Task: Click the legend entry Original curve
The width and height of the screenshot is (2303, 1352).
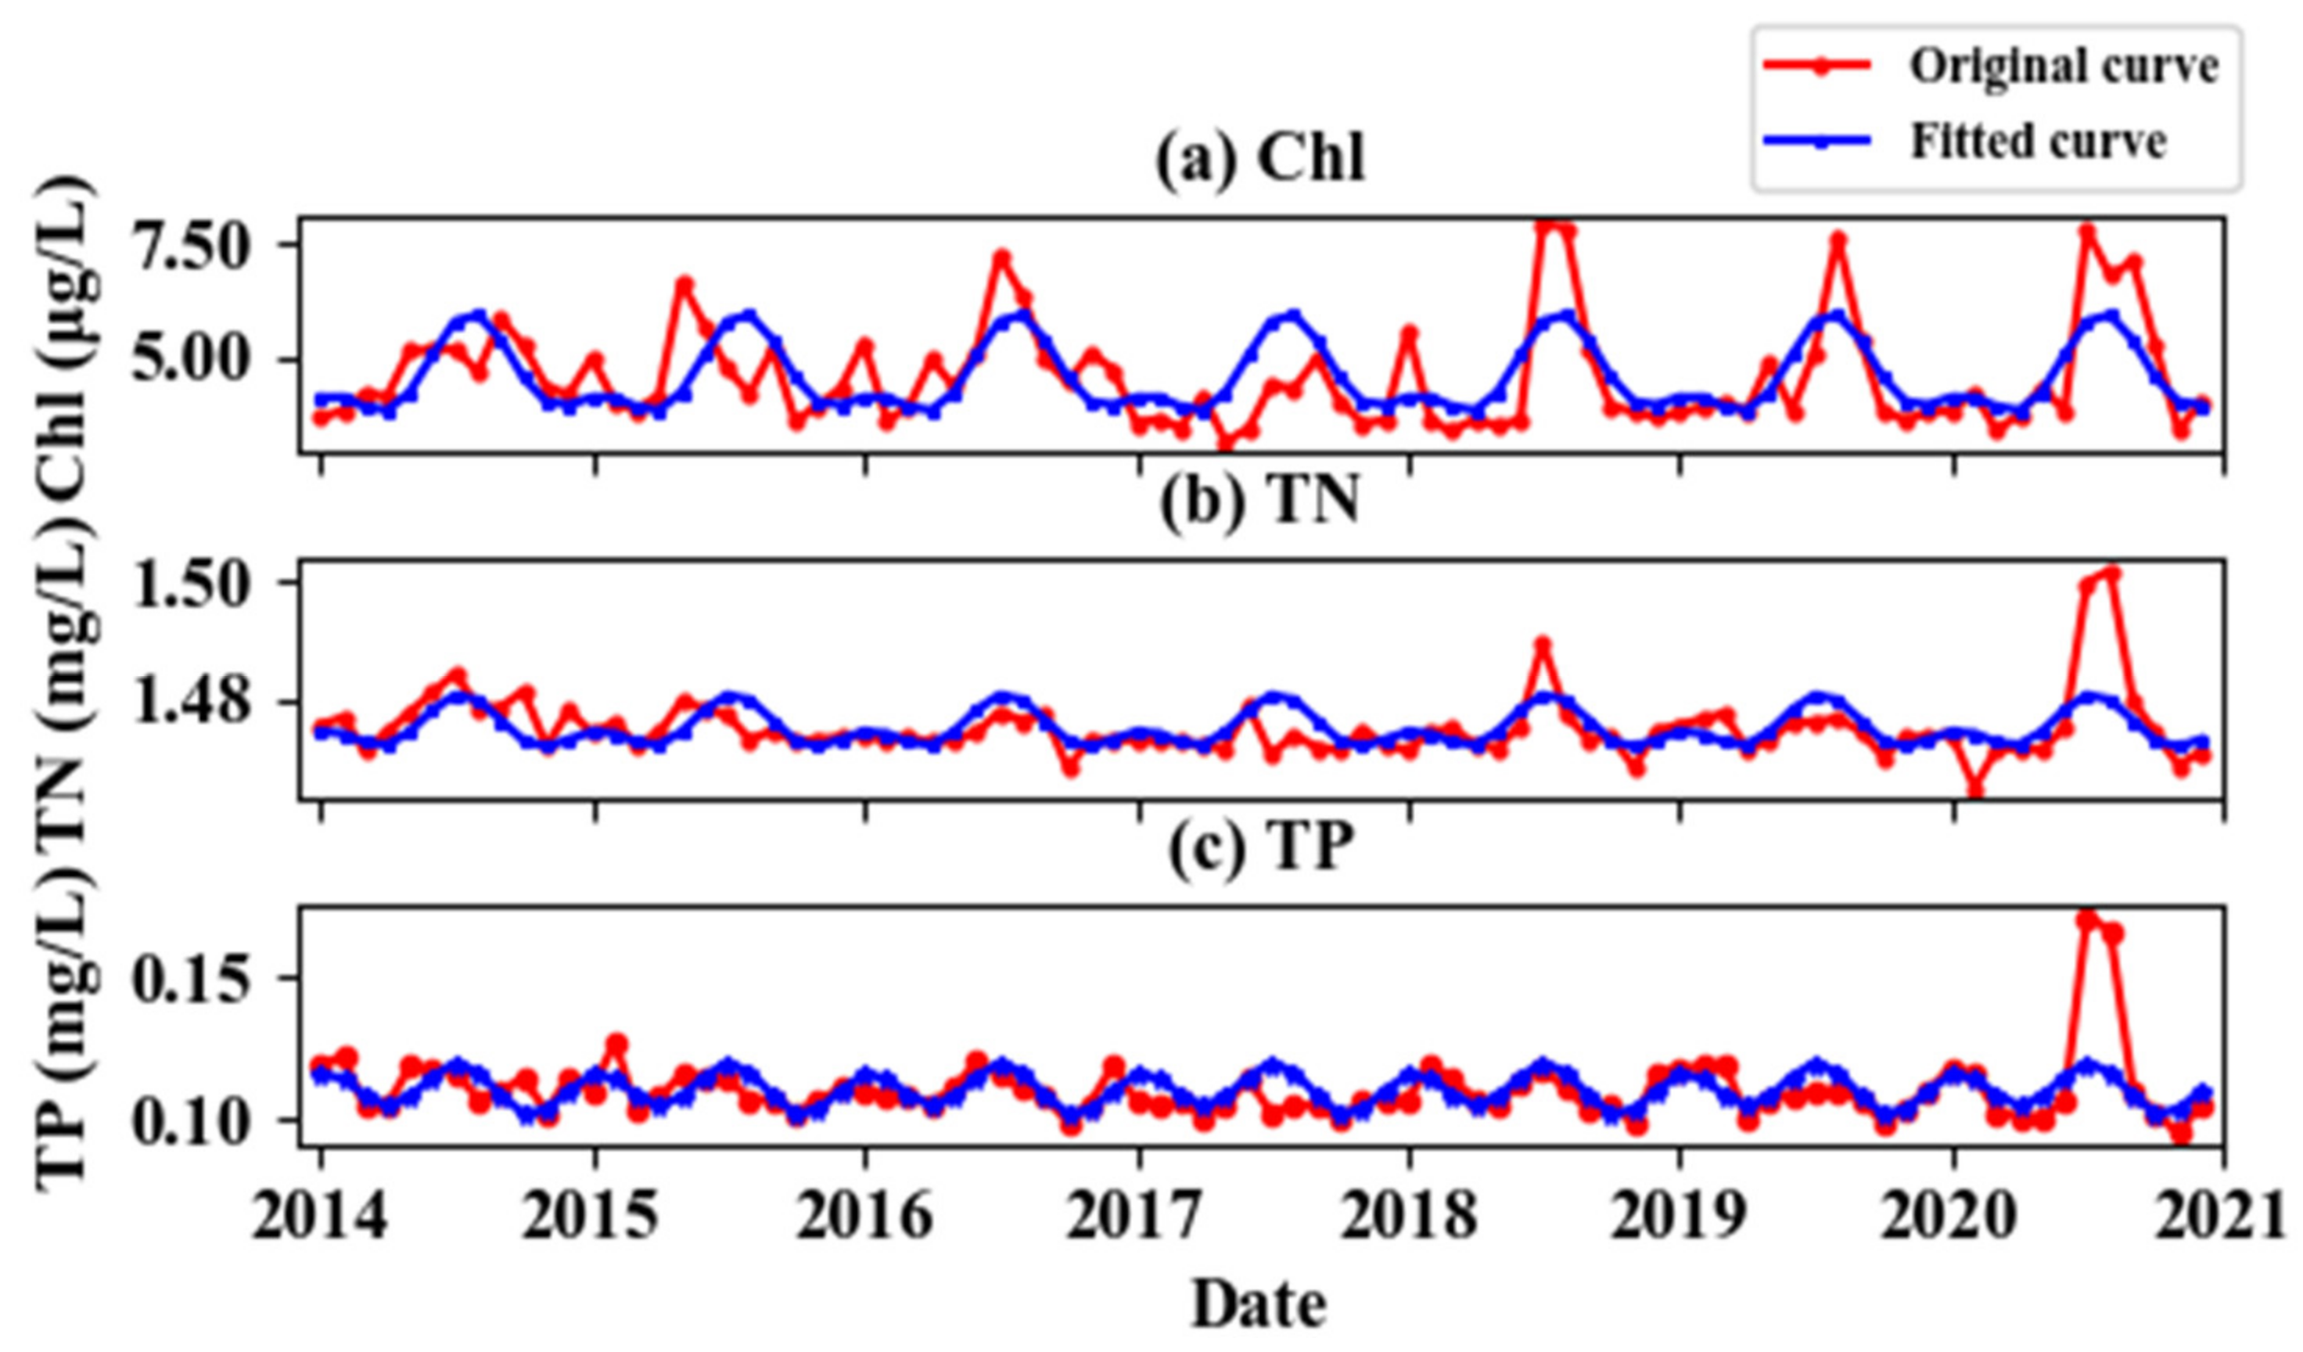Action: pos(2063,67)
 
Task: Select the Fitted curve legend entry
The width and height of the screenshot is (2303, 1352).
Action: pos(2037,142)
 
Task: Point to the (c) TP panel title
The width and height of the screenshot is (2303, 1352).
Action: pos(1260,848)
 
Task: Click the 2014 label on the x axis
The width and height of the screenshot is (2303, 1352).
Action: pos(320,1217)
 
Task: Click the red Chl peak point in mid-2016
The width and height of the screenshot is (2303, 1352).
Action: pos(1003,257)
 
